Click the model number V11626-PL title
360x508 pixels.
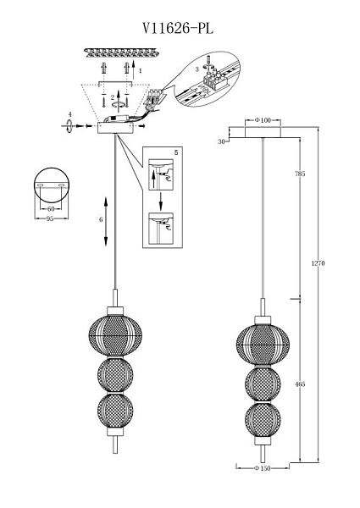pos(178,29)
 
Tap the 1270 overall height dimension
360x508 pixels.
pos(318,263)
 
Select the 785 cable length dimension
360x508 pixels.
pos(300,174)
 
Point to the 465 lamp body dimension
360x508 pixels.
pos(300,384)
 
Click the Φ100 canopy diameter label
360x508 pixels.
pos(263,120)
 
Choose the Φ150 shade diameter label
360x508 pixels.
pos(263,468)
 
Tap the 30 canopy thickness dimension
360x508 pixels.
pos(221,141)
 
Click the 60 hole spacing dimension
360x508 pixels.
pos(51,209)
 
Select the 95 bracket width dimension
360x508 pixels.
pos(50,218)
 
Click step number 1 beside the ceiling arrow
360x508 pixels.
pos(140,70)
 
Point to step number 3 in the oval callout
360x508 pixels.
pos(197,69)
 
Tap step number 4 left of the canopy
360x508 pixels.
pos(70,114)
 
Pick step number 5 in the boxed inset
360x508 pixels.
pos(176,152)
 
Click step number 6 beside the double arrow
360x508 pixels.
pos(101,219)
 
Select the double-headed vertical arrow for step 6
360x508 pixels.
pos(106,221)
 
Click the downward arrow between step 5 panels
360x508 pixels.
pos(160,201)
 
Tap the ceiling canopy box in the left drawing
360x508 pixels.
pos(115,129)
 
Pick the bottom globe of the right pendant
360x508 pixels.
pos(263,420)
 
